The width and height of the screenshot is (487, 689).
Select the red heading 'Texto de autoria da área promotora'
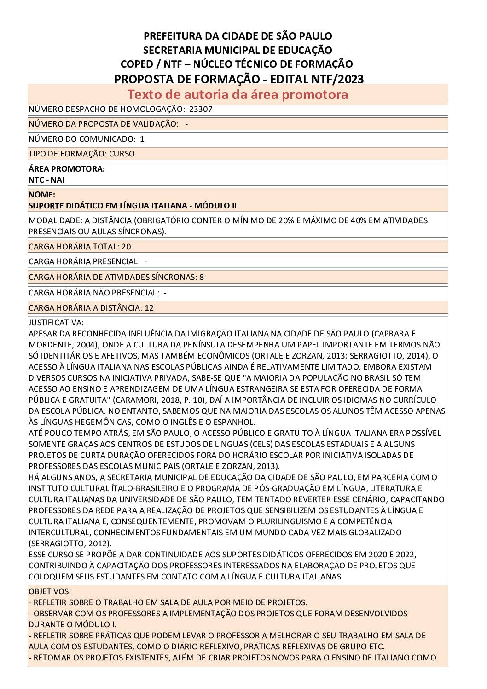tap(238, 94)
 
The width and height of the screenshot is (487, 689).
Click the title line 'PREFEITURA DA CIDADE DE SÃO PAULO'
tap(238, 36)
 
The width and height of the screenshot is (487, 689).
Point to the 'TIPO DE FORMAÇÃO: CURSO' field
tap(81, 154)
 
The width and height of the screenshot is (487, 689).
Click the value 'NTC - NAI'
tap(46, 180)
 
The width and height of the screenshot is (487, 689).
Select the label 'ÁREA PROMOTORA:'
tap(67, 169)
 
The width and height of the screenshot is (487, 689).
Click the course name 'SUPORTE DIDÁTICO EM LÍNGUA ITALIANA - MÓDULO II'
tap(133, 205)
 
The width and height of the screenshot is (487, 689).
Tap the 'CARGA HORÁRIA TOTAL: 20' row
tap(80, 247)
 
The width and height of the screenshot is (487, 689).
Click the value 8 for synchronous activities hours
tap(202, 277)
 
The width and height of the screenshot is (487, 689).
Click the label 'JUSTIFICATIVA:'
tap(56, 323)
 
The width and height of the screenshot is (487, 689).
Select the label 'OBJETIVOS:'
tap(50, 591)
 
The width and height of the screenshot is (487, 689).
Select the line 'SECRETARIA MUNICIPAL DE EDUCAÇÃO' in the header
tap(238, 50)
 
